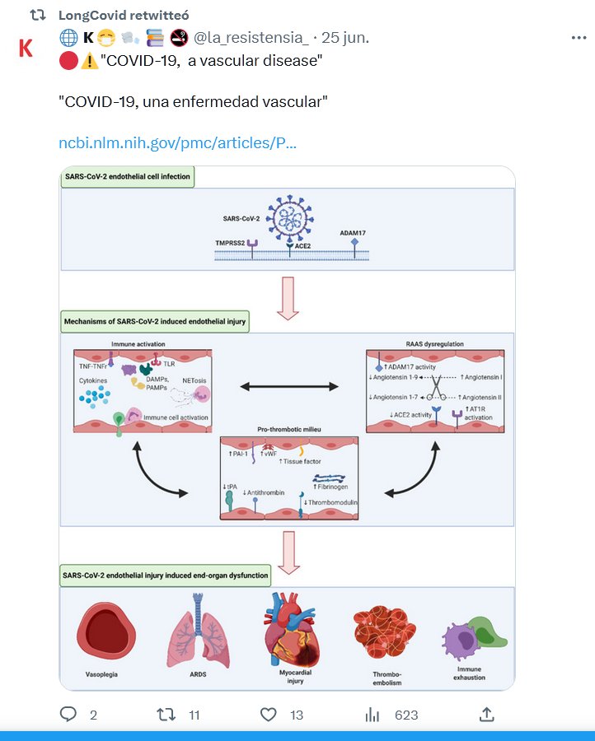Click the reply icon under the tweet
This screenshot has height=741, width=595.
click(68, 714)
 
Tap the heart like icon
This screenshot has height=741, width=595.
click(268, 714)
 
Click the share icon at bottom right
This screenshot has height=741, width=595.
click(487, 714)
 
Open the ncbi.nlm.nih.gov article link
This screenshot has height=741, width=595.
click(177, 142)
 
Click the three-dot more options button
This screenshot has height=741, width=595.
click(579, 38)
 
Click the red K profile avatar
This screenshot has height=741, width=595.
click(26, 48)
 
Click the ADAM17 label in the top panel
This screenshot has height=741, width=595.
click(353, 233)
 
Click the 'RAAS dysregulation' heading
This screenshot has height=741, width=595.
click(436, 344)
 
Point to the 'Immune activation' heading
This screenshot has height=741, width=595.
click(138, 344)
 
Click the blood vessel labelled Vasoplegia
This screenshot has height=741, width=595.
click(105, 634)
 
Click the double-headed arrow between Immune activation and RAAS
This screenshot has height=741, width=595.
click(288, 385)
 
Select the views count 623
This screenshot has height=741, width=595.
click(406, 715)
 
